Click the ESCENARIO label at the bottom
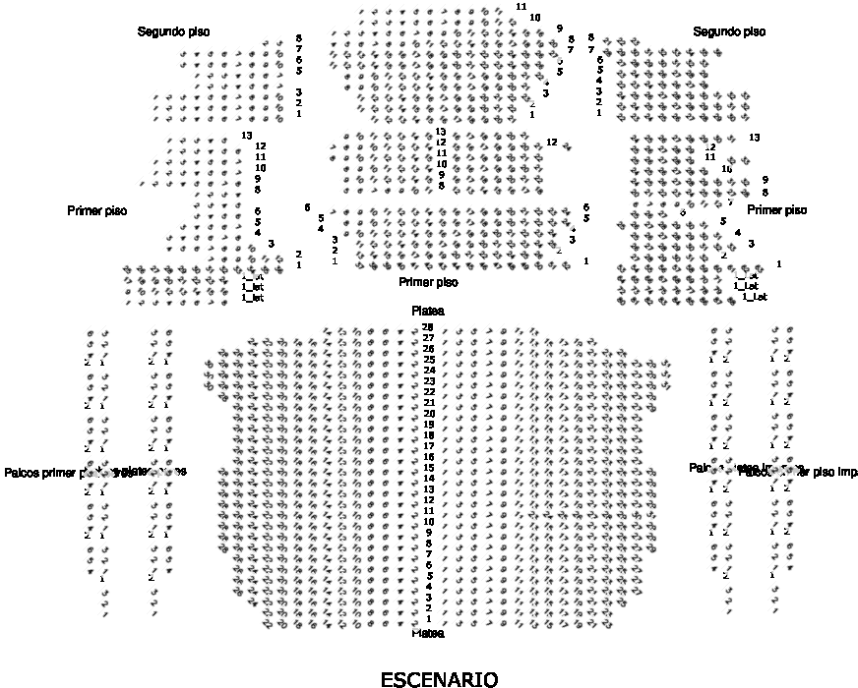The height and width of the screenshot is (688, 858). coord(439,679)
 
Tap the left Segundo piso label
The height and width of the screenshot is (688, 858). coord(173,32)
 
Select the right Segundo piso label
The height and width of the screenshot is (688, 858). coord(729,32)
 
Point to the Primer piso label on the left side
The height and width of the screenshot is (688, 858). coord(97,210)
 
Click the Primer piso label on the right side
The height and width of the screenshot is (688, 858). coord(776,210)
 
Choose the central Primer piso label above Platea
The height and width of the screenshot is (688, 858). coord(428,282)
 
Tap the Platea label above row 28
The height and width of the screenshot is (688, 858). coord(428,311)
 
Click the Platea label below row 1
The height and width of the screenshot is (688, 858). coord(428,633)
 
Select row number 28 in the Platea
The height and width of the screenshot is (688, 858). coord(428,327)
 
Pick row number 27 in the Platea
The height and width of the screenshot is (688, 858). coord(428,338)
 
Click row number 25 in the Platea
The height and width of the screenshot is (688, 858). coord(428,360)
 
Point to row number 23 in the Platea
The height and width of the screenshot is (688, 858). coord(428,381)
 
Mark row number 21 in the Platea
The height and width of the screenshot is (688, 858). coord(428,403)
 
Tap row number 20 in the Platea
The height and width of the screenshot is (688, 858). coord(428,414)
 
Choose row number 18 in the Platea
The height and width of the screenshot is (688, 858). coord(428,435)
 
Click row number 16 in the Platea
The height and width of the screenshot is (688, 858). coord(428,457)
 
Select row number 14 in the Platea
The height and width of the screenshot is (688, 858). coord(428,479)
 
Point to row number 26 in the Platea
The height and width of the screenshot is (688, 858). coord(428,349)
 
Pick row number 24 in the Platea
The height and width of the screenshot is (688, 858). coord(428,371)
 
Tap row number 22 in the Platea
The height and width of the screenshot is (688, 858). coord(428,392)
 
